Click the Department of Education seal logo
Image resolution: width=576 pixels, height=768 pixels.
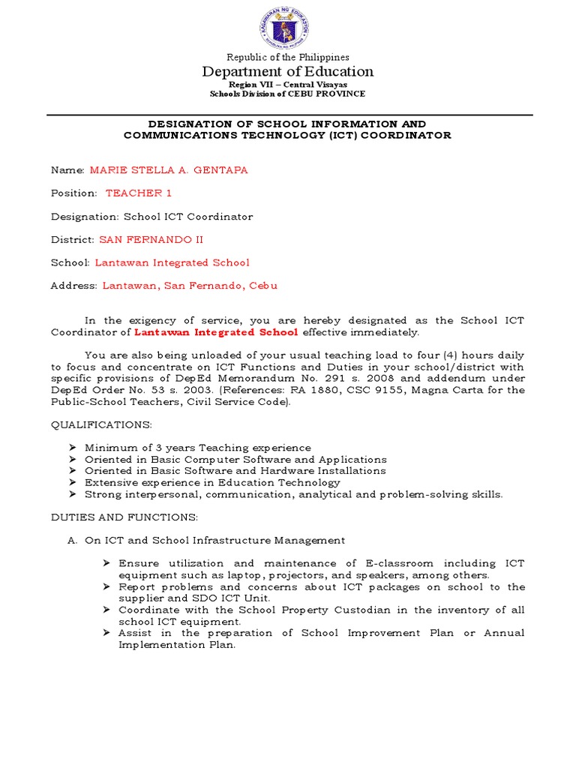[288, 26]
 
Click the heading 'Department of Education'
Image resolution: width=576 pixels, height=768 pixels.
[288, 72]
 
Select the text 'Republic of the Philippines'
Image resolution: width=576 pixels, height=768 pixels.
[288, 57]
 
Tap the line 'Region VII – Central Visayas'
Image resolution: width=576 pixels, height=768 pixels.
[288, 85]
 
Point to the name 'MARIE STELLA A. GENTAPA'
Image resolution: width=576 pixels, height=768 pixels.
[169, 170]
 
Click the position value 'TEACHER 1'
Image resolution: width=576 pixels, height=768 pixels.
[139, 193]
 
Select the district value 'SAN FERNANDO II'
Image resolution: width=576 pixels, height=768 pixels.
[151, 240]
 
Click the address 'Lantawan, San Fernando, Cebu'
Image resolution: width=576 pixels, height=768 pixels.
[190, 286]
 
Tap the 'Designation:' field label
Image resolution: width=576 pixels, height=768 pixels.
[82, 217]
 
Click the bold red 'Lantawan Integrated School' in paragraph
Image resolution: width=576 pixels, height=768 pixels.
[216, 332]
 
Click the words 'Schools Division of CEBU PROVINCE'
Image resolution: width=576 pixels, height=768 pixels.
[288, 94]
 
